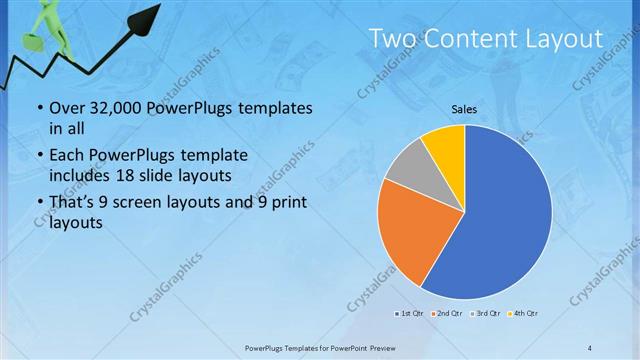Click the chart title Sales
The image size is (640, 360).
(464, 109)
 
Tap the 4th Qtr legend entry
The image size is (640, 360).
(524, 315)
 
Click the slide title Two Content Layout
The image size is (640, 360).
(486, 39)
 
